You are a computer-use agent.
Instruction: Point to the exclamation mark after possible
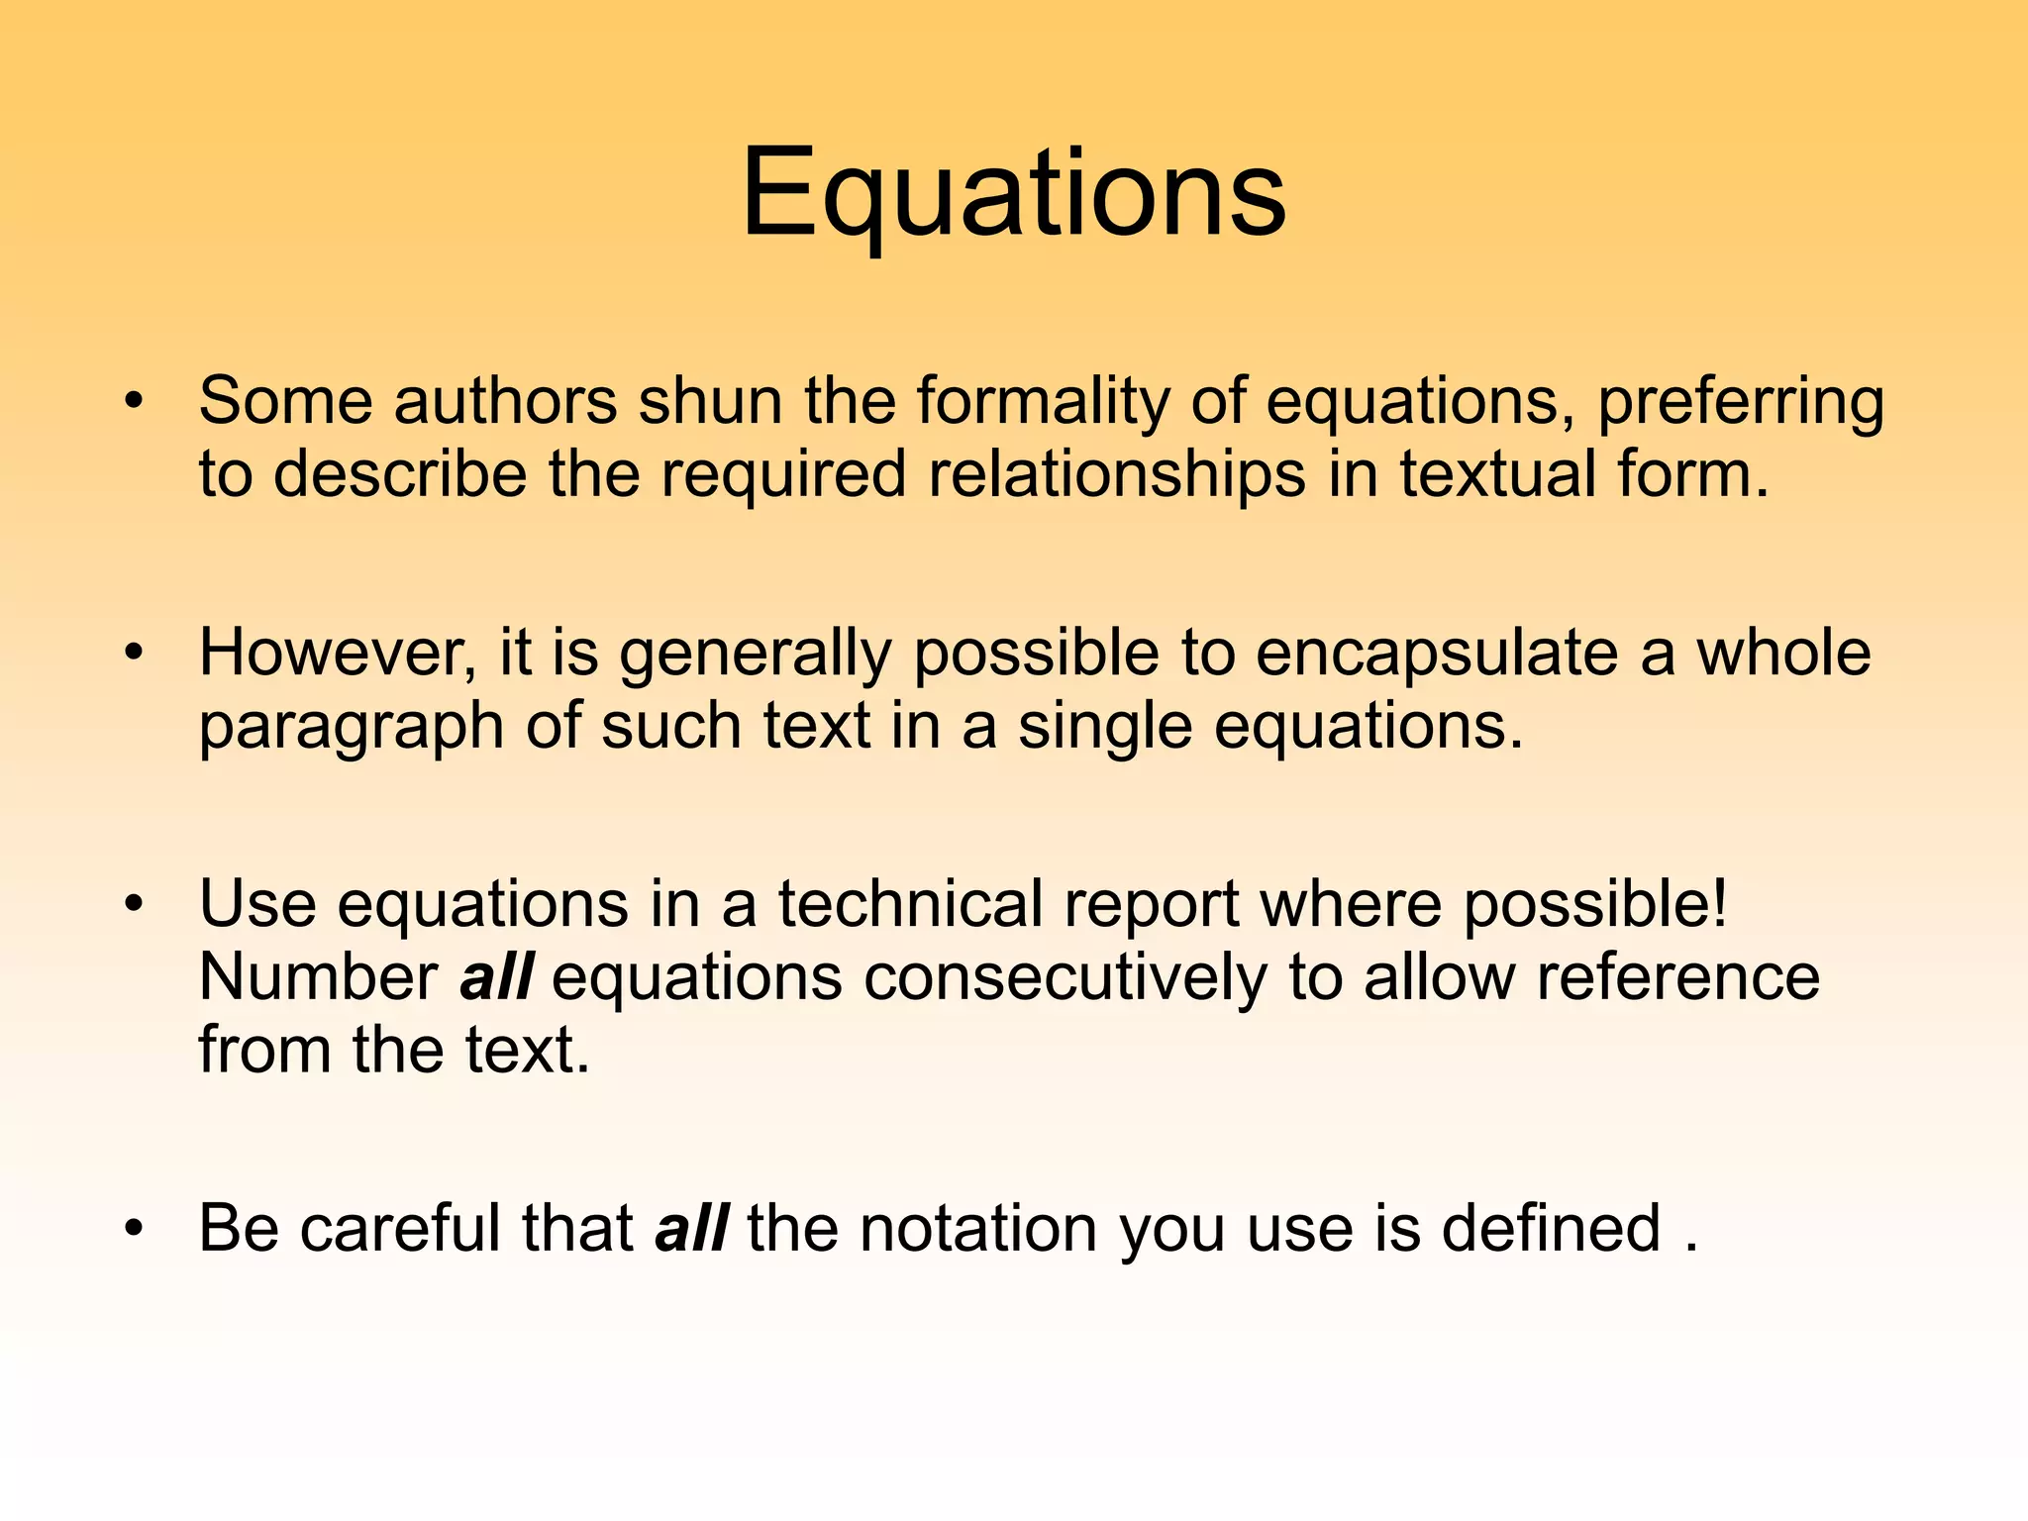click(x=1717, y=904)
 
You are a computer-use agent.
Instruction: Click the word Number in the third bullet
click(x=318, y=977)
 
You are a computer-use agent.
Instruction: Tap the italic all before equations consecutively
click(x=496, y=977)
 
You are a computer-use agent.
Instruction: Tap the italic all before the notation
click(x=691, y=1228)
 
